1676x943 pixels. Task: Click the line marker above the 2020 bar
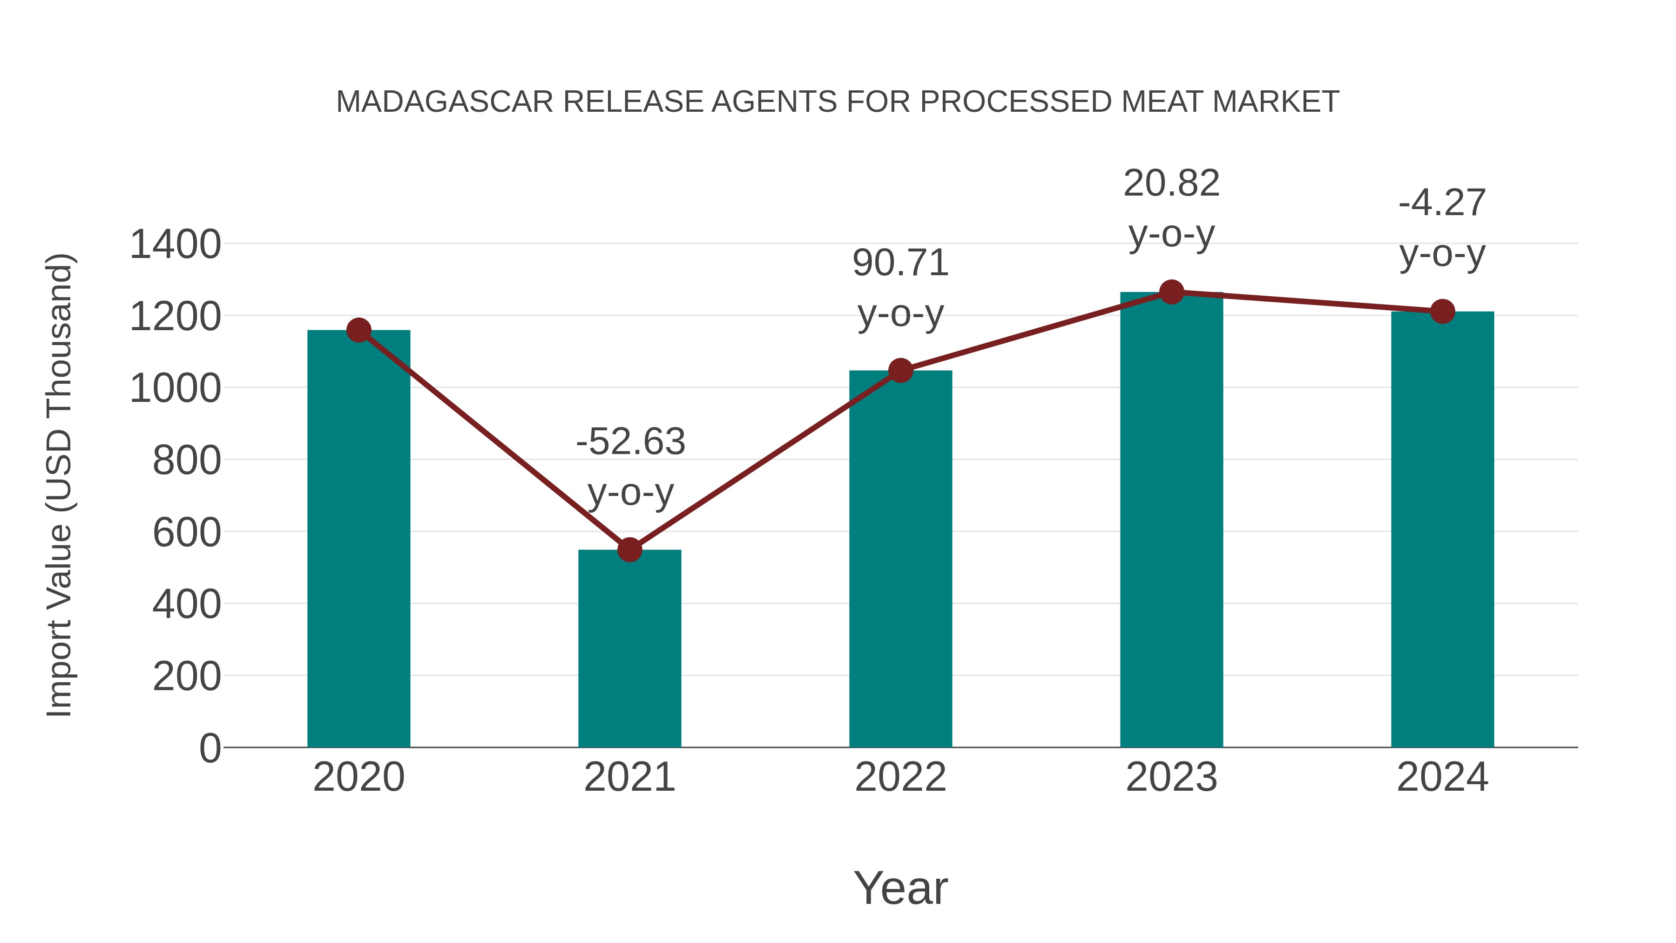tap(358, 331)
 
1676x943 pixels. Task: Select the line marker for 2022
tap(900, 371)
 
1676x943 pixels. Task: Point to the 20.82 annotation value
tap(1171, 183)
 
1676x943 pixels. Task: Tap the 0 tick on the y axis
tap(209, 748)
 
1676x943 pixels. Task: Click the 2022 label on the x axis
tap(900, 777)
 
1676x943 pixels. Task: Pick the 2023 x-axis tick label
tap(1171, 777)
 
